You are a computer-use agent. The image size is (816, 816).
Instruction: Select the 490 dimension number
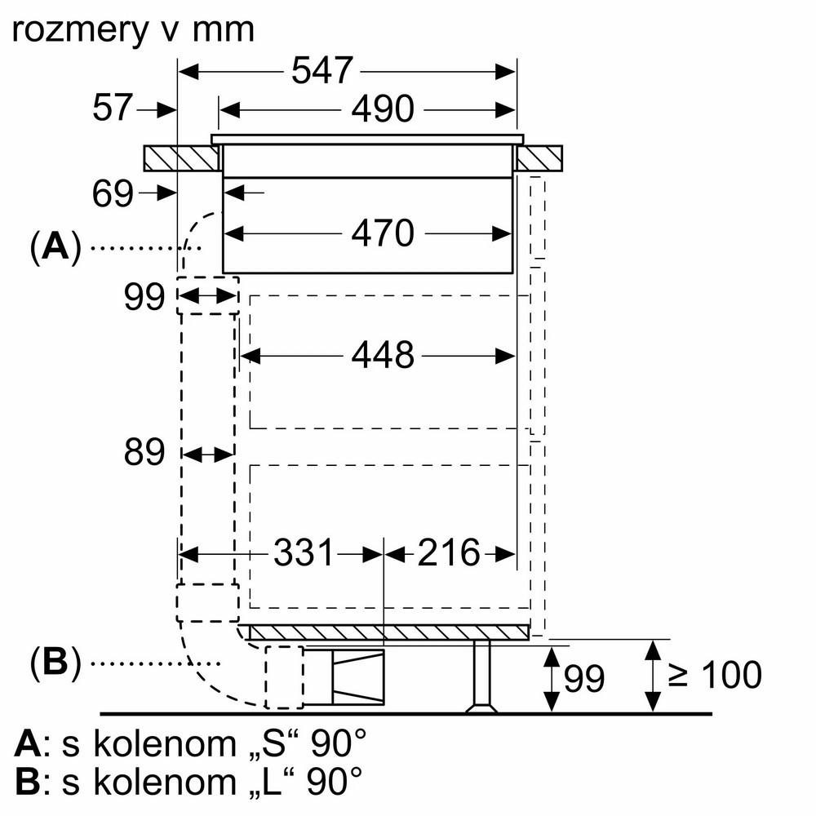pyautogui.click(x=384, y=109)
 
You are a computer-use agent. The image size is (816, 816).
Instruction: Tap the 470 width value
pyautogui.click(x=384, y=234)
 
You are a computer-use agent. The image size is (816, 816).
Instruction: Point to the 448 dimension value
pyautogui.click(x=384, y=355)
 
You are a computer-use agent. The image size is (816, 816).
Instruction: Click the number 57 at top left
pyautogui.click(x=113, y=107)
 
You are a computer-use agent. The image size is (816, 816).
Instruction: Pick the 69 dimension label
pyautogui.click(x=113, y=193)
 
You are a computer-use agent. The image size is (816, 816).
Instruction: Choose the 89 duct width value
pyautogui.click(x=145, y=453)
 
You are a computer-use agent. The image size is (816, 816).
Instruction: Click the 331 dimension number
pyautogui.click(x=304, y=554)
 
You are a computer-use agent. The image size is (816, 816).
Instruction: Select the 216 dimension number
pyautogui.click(x=449, y=554)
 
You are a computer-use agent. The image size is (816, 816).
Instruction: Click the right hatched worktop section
pyautogui.click(x=539, y=157)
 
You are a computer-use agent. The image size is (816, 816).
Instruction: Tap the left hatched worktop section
pyautogui.click(x=182, y=157)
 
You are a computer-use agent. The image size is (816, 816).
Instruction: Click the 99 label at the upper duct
pyautogui.click(x=145, y=298)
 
